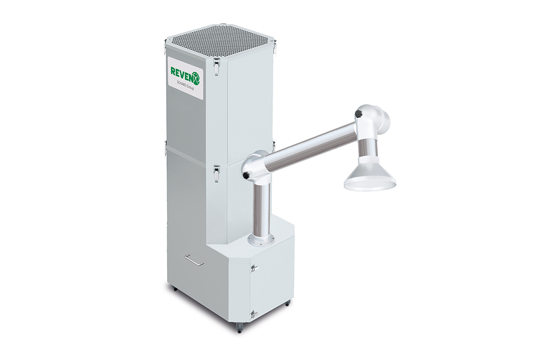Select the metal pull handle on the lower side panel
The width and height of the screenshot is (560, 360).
tap(194, 259)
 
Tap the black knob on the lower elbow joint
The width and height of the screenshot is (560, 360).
tap(245, 175)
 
